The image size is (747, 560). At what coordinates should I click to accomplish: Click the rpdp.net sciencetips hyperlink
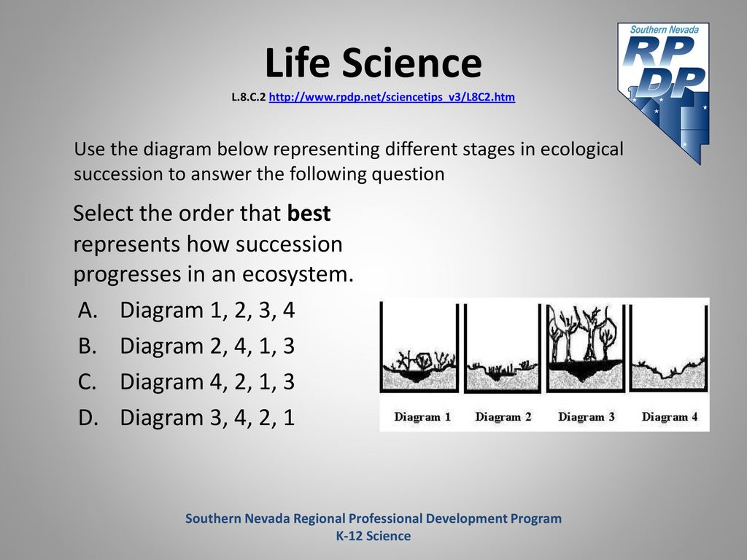(392, 97)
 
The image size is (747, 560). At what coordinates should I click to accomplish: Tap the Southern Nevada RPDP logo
(663, 93)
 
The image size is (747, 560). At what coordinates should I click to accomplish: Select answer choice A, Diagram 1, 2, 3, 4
(186, 310)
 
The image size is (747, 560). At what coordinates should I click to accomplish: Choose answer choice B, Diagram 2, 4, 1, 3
(186, 346)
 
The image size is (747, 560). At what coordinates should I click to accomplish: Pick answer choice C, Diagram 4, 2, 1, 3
(186, 381)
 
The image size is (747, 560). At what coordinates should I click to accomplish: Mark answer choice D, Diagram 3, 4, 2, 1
(186, 417)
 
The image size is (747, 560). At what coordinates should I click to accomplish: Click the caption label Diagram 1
(422, 416)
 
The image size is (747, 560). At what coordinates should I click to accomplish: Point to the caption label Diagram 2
(503, 416)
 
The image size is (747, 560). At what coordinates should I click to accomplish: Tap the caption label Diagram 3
(587, 416)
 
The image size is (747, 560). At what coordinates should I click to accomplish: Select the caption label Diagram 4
(670, 416)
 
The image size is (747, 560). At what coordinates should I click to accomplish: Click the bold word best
(309, 213)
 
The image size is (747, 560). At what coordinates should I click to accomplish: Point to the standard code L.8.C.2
(248, 97)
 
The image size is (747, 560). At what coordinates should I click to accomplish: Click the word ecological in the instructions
(581, 149)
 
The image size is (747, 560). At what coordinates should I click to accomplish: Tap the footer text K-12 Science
(373, 536)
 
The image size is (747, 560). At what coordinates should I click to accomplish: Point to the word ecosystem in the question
(298, 274)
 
